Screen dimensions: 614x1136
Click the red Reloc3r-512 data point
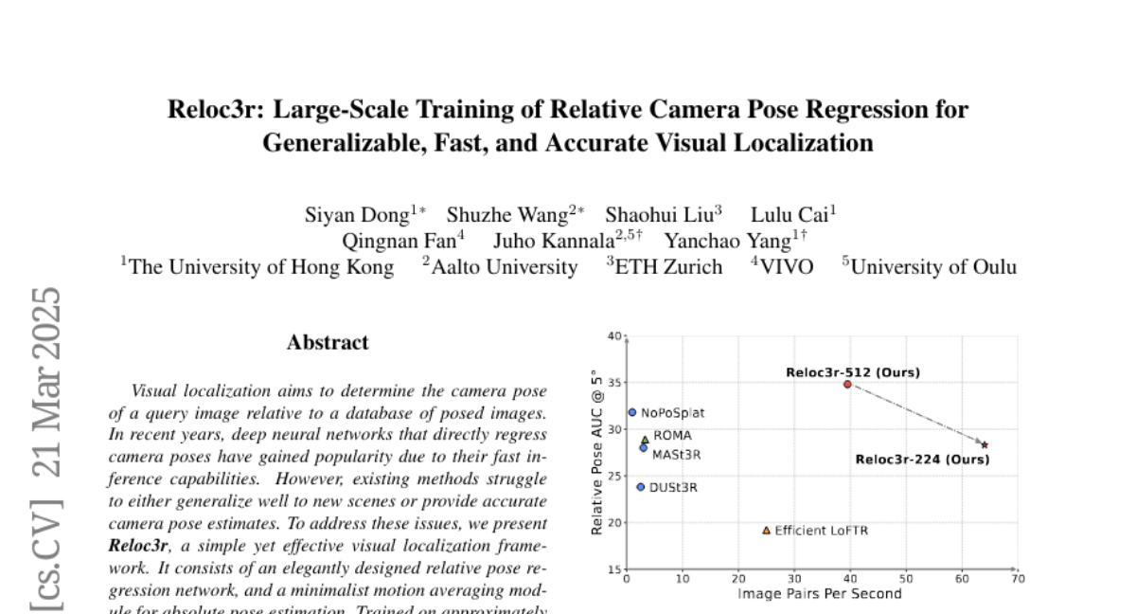coord(847,384)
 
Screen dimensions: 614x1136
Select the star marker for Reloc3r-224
coord(985,444)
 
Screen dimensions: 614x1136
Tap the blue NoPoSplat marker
coord(632,412)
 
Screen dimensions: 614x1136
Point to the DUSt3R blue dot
coord(641,487)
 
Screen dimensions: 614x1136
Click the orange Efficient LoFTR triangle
coord(766,530)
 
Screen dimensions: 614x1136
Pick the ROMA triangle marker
coord(646,440)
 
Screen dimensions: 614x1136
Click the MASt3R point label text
coord(676,455)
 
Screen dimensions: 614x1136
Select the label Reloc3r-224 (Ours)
coord(922,460)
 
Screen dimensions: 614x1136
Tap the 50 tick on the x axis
coord(906,579)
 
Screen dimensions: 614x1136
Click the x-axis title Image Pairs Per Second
coord(820,594)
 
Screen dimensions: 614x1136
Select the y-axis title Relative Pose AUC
coord(596,452)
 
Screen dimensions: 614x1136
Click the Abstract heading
coord(328,342)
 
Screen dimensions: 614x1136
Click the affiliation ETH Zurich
coord(668,267)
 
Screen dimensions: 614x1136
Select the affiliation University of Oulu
coord(933,267)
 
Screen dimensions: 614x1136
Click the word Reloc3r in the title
coord(216,110)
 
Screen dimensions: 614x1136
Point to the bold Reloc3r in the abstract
coord(138,546)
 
